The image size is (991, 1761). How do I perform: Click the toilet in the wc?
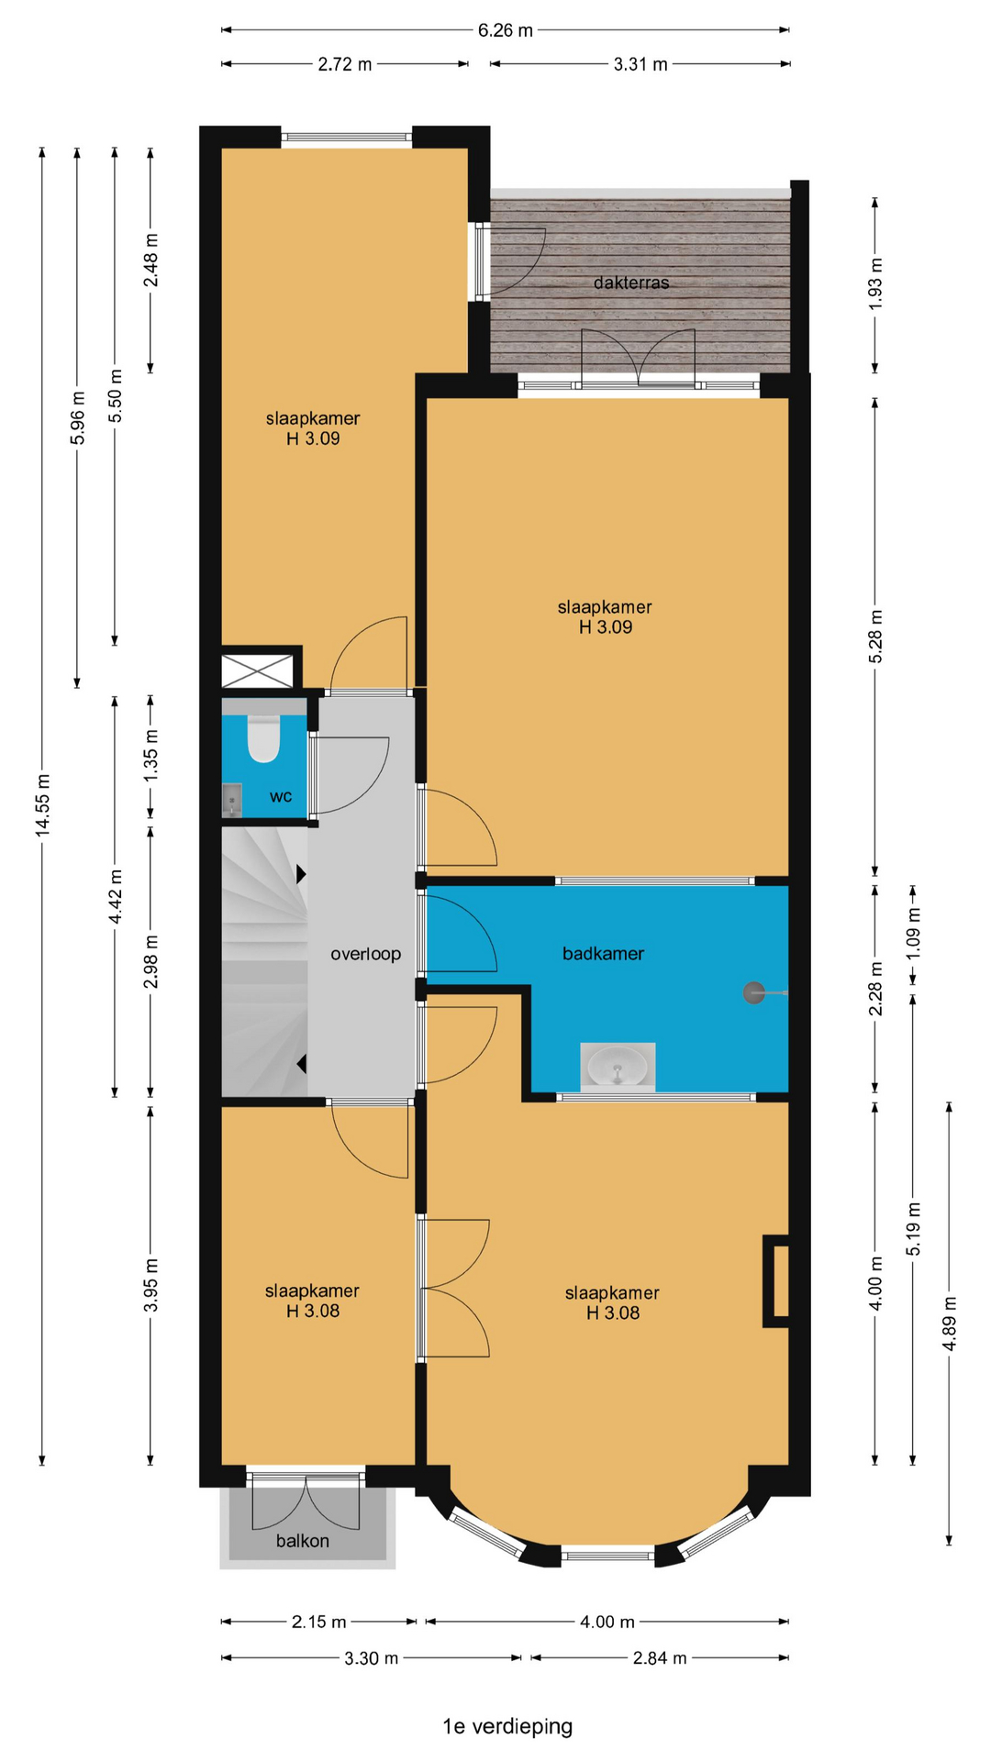click(x=263, y=739)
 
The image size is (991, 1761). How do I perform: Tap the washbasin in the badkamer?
click(x=618, y=1067)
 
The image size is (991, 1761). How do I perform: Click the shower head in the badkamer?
click(x=754, y=991)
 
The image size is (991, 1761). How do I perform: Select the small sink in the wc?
click(x=231, y=800)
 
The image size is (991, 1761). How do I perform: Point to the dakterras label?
click(x=631, y=282)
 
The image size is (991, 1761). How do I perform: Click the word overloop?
click(x=365, y=954)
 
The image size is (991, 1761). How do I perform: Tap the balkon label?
click(x=303, y=1541)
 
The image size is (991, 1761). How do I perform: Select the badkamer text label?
click(x=603, y=954)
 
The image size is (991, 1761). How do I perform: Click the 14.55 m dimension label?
click(x=42, y=804)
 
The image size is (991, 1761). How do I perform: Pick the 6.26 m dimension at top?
click(x=505, y=30)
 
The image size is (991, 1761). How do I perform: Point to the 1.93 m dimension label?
click(x=875, y=284)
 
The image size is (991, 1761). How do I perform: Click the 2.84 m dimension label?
click(x=660, y=1657)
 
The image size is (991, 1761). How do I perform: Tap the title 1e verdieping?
click(x=507, y=1726)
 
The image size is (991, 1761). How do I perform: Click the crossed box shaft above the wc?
click(x=258, y=670)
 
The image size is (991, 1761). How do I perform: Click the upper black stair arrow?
click(x=301, y=874)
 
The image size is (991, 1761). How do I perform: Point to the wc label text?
click(x=281, y=796)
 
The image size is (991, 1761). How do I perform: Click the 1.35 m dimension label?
click(x=151, y=755)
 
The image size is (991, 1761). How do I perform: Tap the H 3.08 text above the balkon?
click(x=313, y=1311)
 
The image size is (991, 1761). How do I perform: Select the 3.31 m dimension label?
click(x=640, y=64)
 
